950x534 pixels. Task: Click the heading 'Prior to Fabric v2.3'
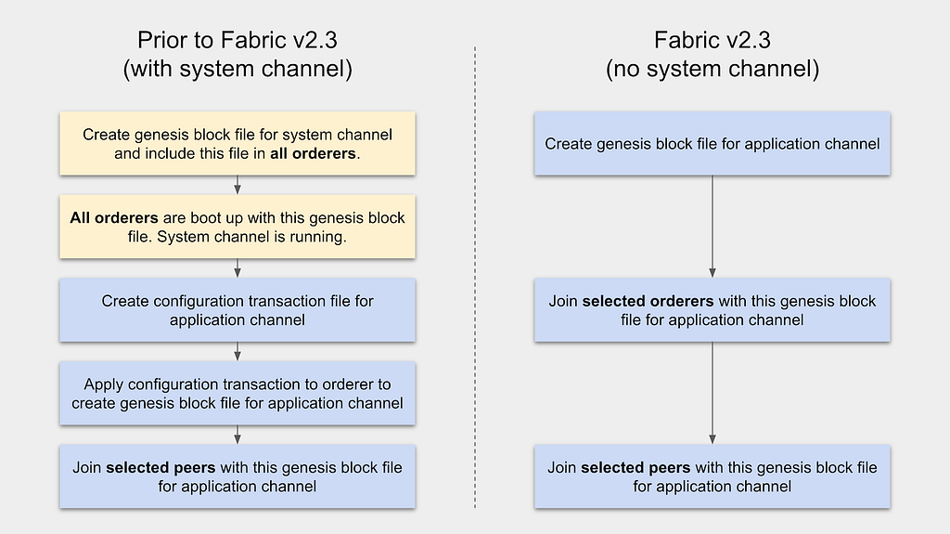point(237,40)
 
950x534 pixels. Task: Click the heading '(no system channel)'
point(712,69)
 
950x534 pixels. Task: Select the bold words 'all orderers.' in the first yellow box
point(315,153)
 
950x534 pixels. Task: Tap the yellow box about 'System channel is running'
point(237,227)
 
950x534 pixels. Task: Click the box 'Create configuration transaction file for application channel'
point(237,310)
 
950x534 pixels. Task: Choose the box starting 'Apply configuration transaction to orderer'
point(237,393)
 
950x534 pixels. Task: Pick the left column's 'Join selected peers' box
point(237,476)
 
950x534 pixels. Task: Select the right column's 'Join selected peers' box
point(712,476)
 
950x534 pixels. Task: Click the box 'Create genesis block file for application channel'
point(712,144)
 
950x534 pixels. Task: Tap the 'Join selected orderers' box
point(712,310)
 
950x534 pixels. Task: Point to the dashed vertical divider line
point(475,278)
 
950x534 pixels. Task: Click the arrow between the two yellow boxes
point(237,185)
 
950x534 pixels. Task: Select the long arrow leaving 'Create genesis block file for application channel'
point(712,227)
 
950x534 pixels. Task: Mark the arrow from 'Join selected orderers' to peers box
point(712,393)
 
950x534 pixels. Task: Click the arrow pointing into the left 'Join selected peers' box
point(237,435)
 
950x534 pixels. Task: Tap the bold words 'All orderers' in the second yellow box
point(114,218)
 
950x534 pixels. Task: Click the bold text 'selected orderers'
point(648,301)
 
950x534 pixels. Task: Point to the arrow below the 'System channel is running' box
point(237,268)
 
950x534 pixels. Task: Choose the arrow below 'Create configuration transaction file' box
point(237,352)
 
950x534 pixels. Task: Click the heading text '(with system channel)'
point(237,69)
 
